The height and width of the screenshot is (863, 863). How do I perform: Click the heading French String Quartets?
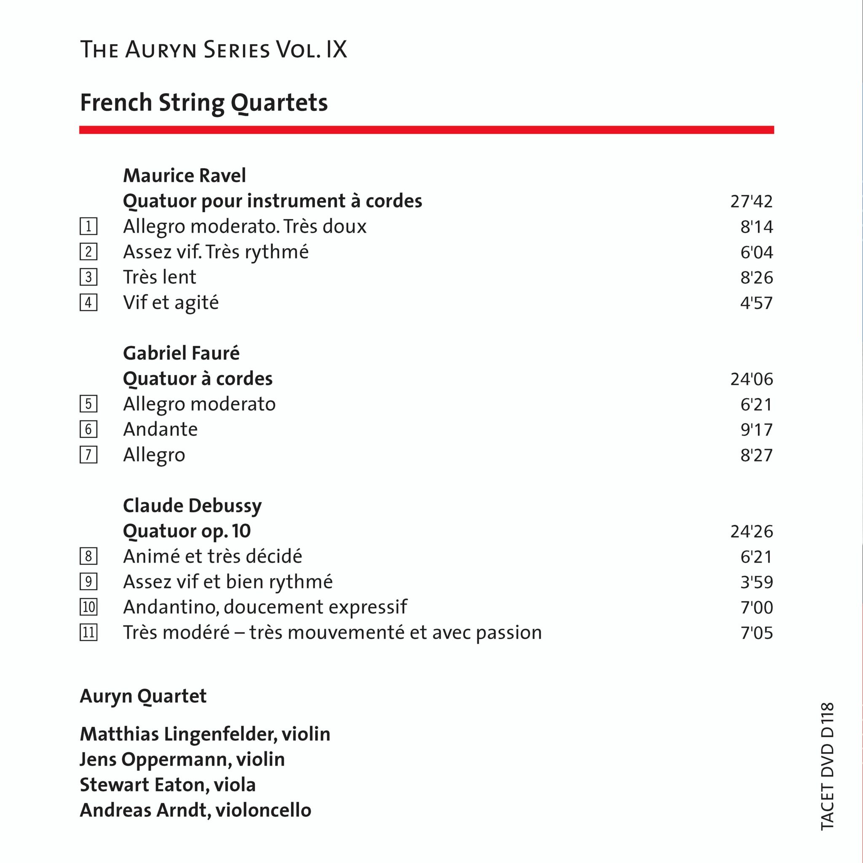(204, 103)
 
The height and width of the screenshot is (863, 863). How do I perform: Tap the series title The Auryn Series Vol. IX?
(214, 50)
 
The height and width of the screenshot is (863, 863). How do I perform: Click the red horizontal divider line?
(426, 130)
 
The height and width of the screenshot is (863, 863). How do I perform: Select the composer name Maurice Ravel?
(184, 176)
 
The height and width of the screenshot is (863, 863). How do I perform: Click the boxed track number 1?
(88, 226)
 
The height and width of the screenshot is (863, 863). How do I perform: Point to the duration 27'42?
(751, 201)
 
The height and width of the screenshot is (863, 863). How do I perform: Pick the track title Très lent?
(159, 277)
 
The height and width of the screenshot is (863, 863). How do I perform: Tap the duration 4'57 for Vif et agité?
(756, 303)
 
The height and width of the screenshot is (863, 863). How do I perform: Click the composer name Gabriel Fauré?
(181, 353)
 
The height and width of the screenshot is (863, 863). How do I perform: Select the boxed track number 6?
(88, 430)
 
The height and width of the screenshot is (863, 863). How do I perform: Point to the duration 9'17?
(756, 430)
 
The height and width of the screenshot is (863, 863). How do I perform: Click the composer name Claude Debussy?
(192, 506)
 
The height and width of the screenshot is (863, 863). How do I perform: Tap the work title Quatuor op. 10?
(187, 531)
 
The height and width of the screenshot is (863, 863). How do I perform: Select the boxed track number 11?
(88, 633)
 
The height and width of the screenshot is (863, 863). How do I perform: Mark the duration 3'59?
(756, 582)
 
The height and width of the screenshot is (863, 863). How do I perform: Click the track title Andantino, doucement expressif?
(265, 607)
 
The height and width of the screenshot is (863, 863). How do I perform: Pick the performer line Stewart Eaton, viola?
(168, 785)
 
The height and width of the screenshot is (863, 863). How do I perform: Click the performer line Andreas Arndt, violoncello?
(195, 810)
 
